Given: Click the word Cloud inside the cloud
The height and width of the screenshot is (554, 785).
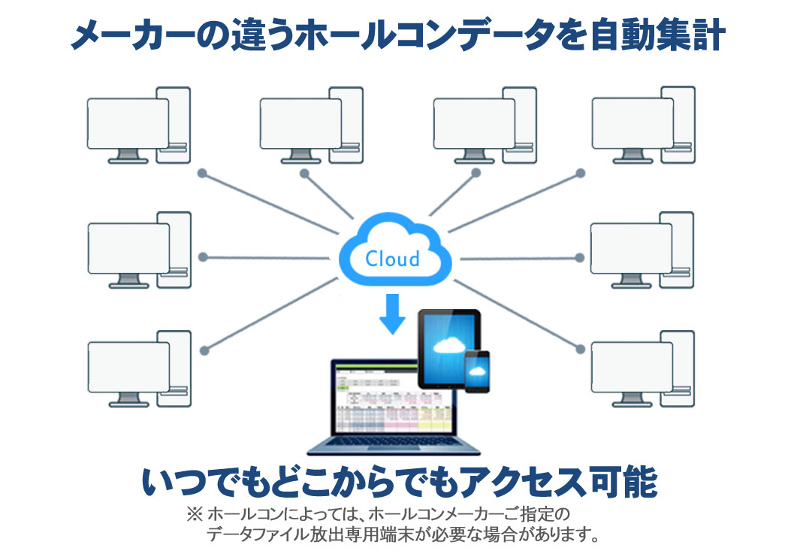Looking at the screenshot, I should pos(392,259).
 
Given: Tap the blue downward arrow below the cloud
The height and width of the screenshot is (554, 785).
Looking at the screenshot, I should pos(392,314).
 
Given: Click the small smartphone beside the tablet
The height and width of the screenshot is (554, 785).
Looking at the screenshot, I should pos(477,371).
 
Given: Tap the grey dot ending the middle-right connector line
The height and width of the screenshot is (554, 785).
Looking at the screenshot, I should pos(579,258).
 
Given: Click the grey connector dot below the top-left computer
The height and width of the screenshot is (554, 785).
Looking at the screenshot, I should pos(201,174).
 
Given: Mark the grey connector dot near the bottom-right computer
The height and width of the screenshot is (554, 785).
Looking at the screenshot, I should pos(579,348).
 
